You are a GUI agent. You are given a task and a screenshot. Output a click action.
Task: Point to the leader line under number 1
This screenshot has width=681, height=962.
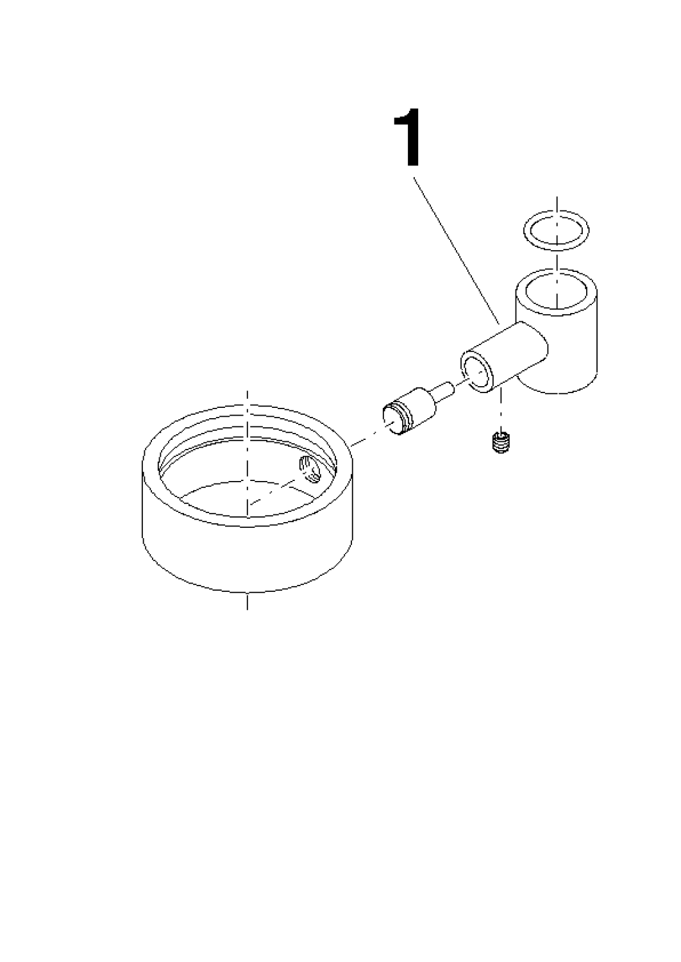[x=456, y=250]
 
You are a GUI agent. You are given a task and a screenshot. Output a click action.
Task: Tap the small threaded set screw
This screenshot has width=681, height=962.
[x=500, y=441]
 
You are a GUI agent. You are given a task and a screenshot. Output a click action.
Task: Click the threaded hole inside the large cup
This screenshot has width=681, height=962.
[x=310, y=469]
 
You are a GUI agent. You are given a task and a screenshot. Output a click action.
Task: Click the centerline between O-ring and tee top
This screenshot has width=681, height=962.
[x=557, y=262]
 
